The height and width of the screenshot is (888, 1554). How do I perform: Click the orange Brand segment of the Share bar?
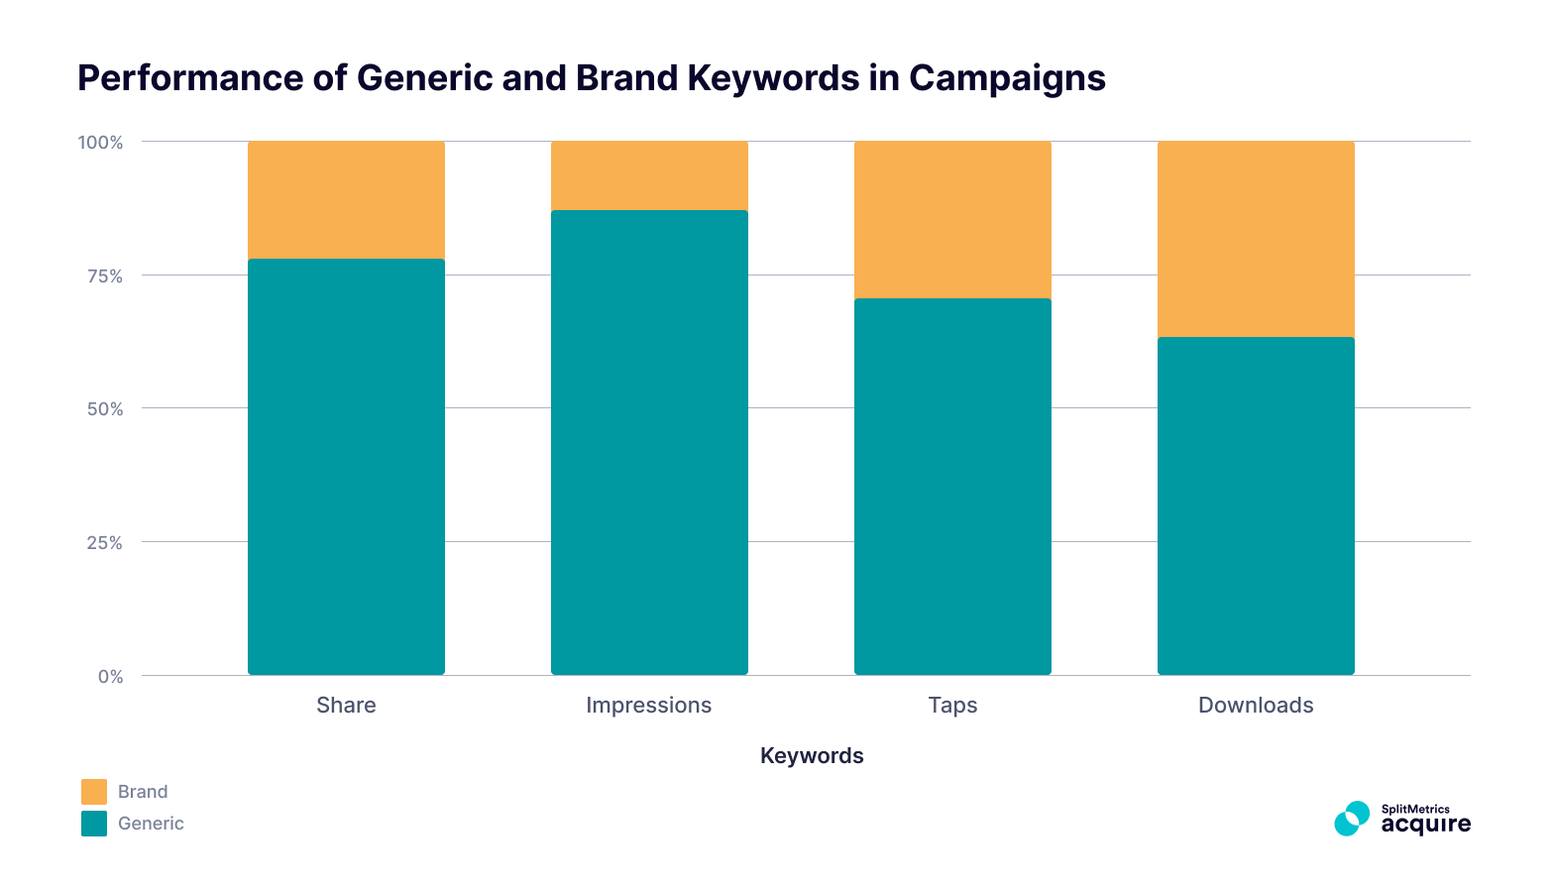[346, 199]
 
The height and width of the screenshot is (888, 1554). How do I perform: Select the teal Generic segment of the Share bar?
[346, 466]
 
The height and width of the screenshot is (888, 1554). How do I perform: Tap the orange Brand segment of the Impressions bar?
[649, 175]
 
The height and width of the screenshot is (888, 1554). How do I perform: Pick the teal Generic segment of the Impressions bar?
[649, 442]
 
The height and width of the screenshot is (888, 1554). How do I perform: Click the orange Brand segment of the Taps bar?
[952, 219]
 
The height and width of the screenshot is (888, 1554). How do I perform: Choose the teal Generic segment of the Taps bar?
[952, 486]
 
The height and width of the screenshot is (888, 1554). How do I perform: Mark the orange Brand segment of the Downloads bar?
[1256, 239]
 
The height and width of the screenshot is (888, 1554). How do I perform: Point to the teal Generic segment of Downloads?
[1256, 505]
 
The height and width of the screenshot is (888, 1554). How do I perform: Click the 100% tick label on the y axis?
[100, 143]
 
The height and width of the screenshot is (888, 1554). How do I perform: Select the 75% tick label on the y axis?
[104, 277]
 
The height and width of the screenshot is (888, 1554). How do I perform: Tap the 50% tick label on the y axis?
[104, 409]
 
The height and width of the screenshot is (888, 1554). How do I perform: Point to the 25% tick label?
[104, 543]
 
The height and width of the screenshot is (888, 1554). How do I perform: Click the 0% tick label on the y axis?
[110, 677]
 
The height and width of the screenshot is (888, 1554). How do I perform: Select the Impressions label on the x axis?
[648, 706]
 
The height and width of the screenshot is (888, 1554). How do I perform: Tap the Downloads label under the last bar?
[1256, 706]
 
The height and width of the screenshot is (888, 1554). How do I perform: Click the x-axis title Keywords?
[812, 756]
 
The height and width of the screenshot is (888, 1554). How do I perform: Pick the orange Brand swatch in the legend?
[94, 792]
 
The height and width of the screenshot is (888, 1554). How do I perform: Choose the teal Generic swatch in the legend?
[94, 824]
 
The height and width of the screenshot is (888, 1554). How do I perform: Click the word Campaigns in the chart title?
[1007, 78]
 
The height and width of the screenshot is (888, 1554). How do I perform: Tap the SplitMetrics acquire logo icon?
[1351, 819]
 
